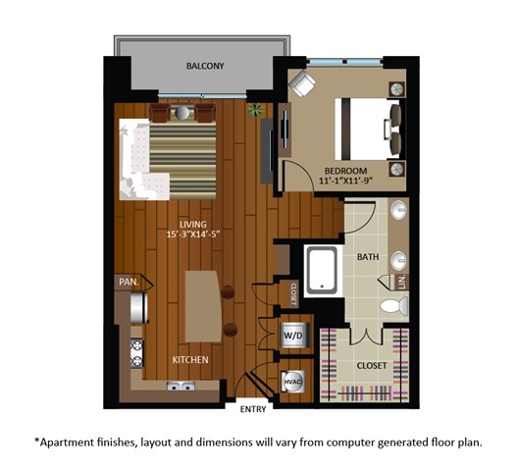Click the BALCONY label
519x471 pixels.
(x=206, y=67)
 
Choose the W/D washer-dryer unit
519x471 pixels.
(x=293, y=335)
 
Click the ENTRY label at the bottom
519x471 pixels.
(x=253, y=407)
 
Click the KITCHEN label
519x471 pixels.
(x=190, y=360)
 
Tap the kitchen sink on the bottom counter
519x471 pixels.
(x=180, y=387)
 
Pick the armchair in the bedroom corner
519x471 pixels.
(x=301, y=84)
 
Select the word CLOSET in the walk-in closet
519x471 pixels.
(x=372, y=365)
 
